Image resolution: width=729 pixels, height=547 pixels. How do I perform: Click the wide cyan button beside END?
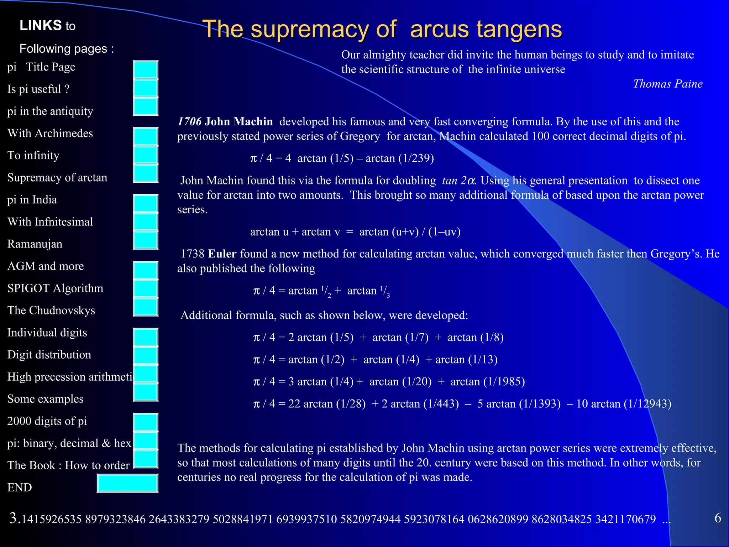tap(127, 483)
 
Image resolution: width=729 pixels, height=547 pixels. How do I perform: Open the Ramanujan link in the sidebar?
tap(35, 244)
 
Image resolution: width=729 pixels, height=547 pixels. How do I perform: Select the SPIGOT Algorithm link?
tap(55, 288)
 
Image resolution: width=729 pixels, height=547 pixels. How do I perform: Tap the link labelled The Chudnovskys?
tap(51, 310)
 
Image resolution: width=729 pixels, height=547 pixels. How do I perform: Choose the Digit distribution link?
tap(49, 355)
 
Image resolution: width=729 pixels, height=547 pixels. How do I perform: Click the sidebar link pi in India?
tap(32, 200)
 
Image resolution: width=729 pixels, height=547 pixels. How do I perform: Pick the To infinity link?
tap(33, 155)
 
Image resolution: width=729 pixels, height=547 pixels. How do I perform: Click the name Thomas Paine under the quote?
tap(668, 84)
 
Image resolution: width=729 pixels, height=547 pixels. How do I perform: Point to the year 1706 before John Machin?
tap(189, 122)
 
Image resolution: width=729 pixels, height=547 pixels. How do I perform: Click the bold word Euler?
tap(222, 254)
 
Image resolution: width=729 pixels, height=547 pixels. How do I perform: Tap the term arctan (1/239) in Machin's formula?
tap(400, 158)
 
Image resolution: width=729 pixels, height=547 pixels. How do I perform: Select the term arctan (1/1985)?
tap(488, 382)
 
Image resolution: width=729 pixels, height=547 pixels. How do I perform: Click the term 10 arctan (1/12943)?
tap(624, 404)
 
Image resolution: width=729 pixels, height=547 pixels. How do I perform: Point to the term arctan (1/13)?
tap(466, 360)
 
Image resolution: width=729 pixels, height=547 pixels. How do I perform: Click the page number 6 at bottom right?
tap(718, 518)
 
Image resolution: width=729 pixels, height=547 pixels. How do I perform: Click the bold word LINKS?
tap(41, 26)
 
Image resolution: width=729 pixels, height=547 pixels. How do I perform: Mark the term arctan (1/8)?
tap(475, 338)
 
